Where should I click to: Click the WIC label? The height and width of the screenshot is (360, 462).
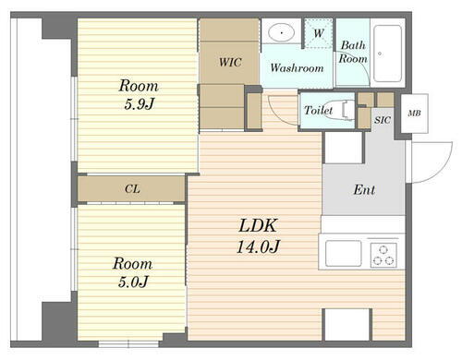tap(230, 63)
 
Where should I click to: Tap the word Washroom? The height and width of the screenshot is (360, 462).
tap(297, 67)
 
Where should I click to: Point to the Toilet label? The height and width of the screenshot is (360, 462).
tap(319, 110)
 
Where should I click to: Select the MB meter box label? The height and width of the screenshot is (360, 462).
tap(414, 114)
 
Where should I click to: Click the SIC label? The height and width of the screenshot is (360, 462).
tap(383, 120)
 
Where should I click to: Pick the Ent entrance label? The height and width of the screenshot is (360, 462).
tap(364, 189)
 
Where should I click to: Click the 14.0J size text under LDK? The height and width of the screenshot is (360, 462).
tap(258, 246)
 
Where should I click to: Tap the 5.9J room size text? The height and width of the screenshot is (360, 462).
tap(139, 104)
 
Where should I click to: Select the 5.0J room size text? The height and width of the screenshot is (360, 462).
tap(133, 282)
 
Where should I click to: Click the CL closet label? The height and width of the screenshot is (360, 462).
tap(132, 188)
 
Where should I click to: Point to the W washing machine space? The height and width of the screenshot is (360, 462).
tap(319, 33)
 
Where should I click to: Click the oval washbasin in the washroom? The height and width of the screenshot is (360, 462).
tap(282, 32)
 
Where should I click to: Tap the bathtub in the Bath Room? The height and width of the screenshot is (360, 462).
tap(387, 54)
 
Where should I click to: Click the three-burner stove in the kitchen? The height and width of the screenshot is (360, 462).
tap(383, 255)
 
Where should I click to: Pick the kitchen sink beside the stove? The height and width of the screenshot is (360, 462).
tap(344, 253)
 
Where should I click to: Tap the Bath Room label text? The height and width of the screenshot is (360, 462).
tap(353, 52)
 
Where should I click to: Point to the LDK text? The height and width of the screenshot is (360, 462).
tap(258, 225)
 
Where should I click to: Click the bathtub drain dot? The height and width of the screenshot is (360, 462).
tap(380, 54)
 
